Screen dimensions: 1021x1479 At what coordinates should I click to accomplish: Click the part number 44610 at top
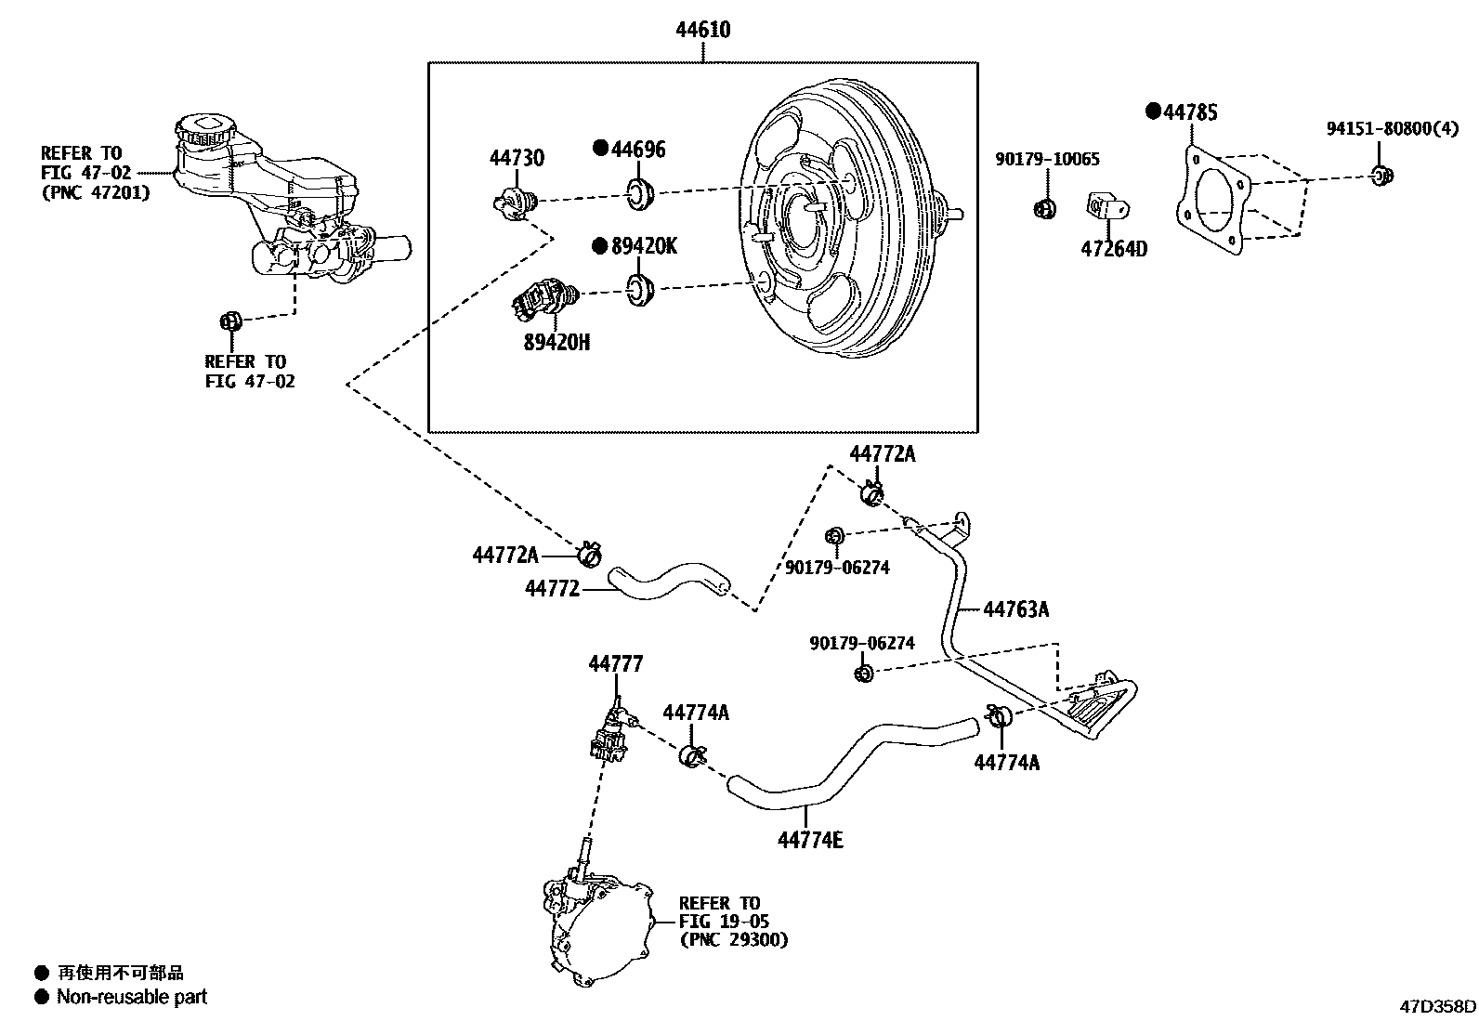click(x=702, y=30)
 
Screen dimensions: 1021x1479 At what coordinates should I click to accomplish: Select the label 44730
click(x=517, y=159)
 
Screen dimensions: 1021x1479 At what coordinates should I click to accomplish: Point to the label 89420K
click(x=644, y=246)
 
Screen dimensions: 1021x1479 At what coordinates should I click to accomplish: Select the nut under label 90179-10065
click(x=1044, y=208)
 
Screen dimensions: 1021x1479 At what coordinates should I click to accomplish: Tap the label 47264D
click(x=1113, y=249)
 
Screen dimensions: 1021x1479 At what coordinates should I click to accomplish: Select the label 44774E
click(x=810, y=841)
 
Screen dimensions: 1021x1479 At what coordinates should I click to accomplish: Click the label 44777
click(x=615, y=663)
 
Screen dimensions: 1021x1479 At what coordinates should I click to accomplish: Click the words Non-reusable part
click(x=132, y=997)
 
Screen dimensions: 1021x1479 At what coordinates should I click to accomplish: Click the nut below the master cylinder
click(x=229, y=321)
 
